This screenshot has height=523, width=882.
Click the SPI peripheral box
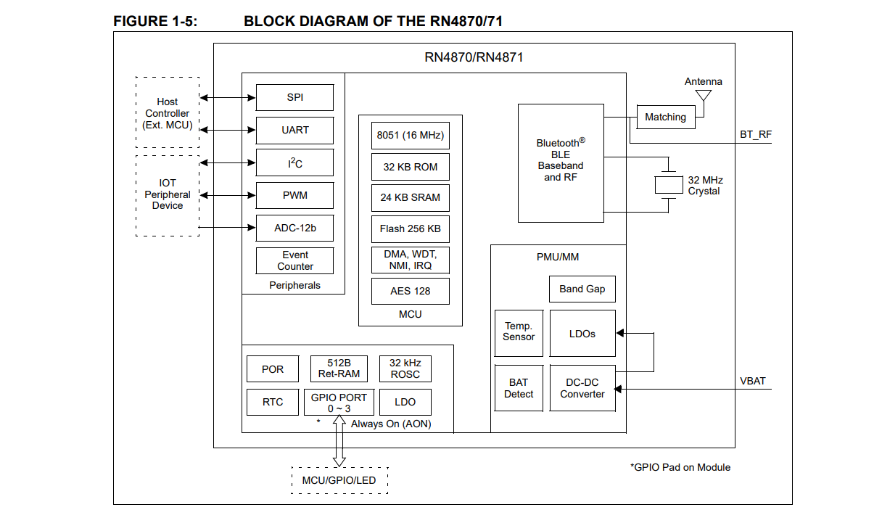[294, 97]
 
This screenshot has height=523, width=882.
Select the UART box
[294, 130]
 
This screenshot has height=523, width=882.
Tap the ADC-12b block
[294, 228]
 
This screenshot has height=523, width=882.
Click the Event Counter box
[294, 260]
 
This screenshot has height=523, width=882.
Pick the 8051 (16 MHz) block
[411, 136]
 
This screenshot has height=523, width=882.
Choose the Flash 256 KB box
[411, 228]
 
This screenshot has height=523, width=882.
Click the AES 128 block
[411, 291]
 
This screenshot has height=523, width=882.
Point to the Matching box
[666, 117]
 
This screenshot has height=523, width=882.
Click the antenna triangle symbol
[704, 96]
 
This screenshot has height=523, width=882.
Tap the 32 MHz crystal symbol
[669, 185]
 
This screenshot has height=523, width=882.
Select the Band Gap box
[582, 289]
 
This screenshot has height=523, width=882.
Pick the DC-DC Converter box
[582, 388]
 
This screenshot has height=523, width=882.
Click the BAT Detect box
[519, 388]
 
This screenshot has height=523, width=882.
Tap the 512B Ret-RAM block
[339, 368]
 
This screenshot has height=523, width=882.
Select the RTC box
[273, 402]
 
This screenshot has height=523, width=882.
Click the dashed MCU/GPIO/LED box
[339, 480]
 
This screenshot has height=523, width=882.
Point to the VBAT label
[752, 382]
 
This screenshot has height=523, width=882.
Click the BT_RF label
[756, 135]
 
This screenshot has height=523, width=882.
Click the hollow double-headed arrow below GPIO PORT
[339, 441]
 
